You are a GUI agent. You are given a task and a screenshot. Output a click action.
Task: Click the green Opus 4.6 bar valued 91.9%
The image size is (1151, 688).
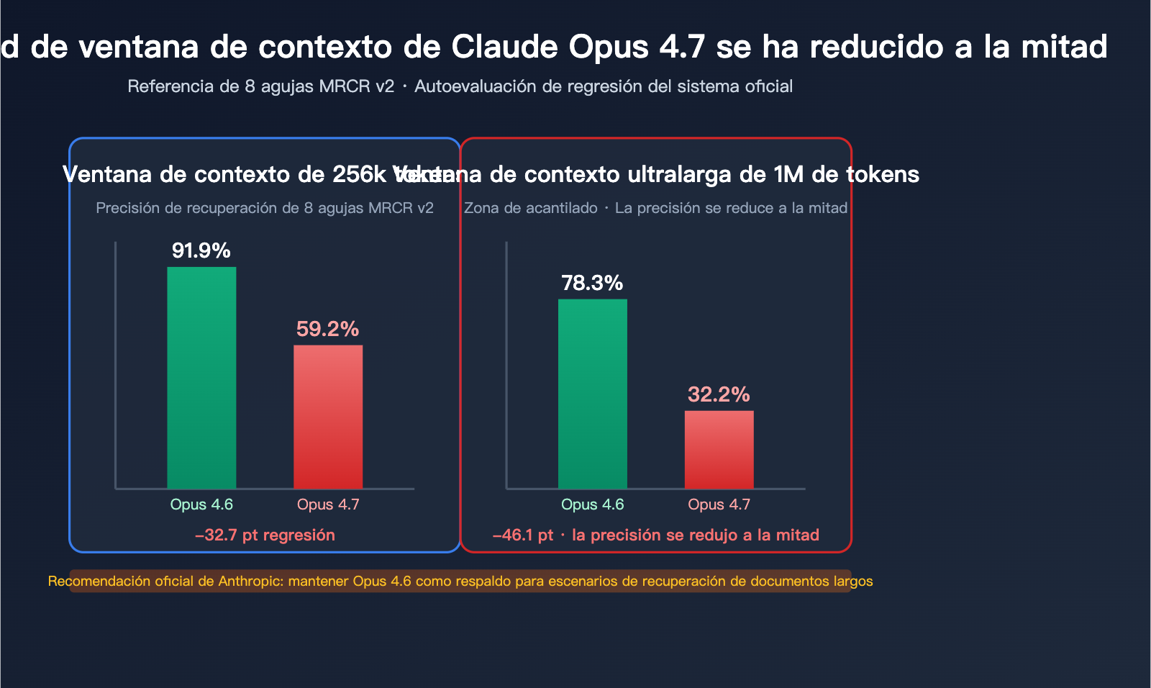201,378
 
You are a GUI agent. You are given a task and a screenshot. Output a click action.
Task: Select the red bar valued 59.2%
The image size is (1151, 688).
328,417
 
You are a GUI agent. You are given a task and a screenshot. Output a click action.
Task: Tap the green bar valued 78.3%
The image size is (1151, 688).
593,394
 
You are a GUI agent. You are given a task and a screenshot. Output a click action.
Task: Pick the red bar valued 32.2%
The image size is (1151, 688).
719,450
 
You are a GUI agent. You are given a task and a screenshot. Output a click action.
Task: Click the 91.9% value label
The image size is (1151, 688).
201,250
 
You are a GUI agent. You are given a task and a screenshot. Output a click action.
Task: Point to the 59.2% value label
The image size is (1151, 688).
328,329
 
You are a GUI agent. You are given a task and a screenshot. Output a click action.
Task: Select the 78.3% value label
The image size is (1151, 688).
592,283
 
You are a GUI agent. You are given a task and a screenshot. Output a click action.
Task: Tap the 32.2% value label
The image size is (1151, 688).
719,394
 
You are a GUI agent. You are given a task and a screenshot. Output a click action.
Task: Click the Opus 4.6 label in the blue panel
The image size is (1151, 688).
201,504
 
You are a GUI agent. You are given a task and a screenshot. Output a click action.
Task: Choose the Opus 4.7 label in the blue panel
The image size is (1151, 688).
328,504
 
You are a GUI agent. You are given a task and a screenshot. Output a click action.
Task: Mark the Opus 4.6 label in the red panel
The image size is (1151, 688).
593,504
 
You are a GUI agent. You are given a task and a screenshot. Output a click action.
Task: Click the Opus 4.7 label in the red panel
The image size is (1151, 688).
719,504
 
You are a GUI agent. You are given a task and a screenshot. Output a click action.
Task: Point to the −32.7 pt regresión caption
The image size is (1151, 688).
265,535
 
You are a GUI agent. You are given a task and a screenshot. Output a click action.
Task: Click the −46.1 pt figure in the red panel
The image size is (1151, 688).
523,535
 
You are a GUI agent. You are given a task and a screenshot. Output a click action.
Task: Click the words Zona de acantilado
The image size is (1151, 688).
531,208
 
